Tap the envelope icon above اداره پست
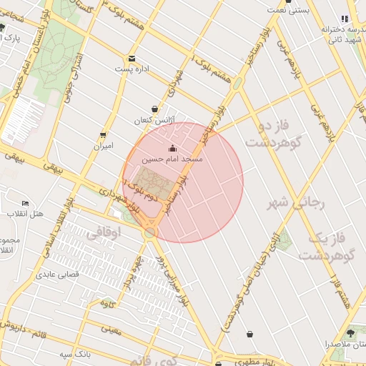tap(132, 59)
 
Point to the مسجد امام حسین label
tap(172, 159)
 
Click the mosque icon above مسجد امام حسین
tap(172, 148)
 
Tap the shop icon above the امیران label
tap(104, 134)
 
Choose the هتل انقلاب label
tap(26, 214)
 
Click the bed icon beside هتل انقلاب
tap(26, 204)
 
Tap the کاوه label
tap(109, 304)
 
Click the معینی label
tap(112, 330)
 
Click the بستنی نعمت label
tap(289, 10)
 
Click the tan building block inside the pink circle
tap(152, 184)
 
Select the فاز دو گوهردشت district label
tap(275, 134)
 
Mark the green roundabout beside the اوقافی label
tap(149, 234)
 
